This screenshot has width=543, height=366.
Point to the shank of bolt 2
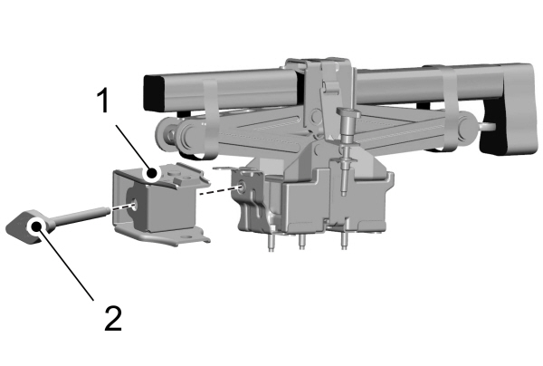[x=81, y=216]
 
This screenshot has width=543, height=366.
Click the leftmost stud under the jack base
[x=271, y=242]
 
